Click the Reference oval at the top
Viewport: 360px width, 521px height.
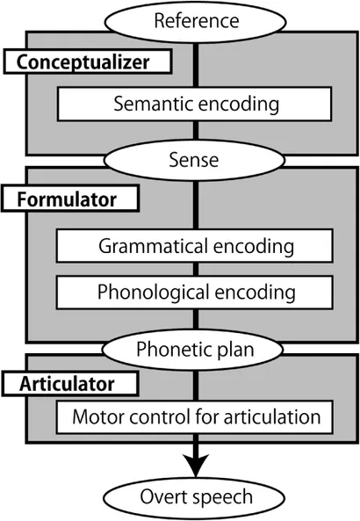(195, 22)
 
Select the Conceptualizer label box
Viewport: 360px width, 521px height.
(88, 62)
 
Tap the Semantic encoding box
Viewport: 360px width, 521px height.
(195, 104)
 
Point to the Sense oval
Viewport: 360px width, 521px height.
(194, 160)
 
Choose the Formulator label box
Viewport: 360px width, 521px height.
(70, 199)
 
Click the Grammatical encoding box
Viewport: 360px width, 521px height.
(195, 246)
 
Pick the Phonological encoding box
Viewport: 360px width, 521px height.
(195, 292)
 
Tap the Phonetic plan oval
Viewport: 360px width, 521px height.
(192, 350)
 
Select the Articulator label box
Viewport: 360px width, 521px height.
(70, 384)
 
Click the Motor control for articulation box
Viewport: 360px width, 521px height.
(195, 417)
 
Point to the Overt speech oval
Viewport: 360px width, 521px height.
(194, 498)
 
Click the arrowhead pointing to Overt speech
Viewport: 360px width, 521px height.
(196, 465)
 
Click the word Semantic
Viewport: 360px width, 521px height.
(153, 104)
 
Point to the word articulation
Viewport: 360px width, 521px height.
(272, 416)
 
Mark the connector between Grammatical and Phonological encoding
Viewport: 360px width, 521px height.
(196, 269)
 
